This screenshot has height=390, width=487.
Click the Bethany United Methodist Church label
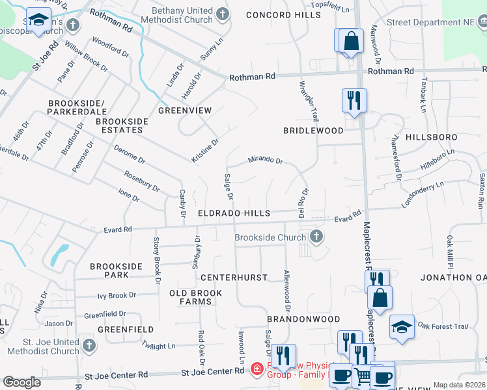click(182, 16)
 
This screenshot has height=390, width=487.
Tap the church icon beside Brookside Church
click(316, 237)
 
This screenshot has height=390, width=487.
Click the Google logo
click(21, 382)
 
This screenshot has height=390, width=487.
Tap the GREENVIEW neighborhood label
click(185, 110)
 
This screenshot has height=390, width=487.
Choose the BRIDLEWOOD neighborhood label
click(313, 131)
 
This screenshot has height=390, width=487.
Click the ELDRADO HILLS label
click(235, 213)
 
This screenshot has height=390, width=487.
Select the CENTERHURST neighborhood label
click(234, 278)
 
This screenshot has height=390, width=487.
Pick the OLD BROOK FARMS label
click(195, 298)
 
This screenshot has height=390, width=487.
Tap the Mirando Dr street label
click(265, 161)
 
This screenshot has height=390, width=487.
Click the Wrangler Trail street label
click(309, 101)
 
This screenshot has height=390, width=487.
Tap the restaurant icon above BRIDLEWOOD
click(354, 101)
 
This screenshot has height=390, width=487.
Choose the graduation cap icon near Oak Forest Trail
click(402, 326)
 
